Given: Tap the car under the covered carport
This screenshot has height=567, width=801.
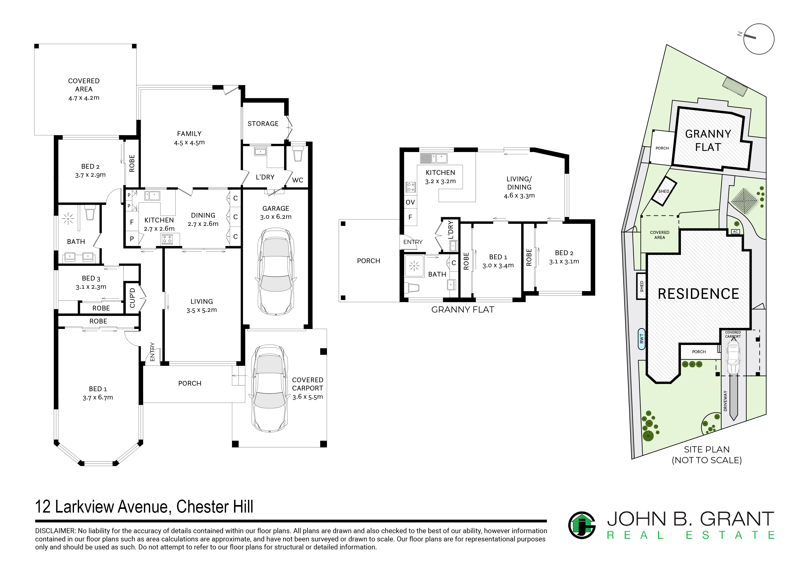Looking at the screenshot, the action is (270, 389).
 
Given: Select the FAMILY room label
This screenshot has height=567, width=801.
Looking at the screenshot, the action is (189, 134).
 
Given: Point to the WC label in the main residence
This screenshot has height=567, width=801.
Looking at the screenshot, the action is (298, 180).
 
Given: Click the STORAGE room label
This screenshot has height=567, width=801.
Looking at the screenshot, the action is (263, 124).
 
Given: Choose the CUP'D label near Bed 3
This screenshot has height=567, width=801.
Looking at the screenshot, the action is (132, 298).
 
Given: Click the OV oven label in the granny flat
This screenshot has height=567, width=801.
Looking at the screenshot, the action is (410, 202).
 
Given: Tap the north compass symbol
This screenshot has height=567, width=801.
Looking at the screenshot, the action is (759, 39).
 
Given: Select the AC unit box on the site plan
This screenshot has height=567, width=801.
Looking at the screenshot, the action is (735, 232).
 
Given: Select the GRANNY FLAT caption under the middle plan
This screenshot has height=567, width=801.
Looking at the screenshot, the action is (463, 310).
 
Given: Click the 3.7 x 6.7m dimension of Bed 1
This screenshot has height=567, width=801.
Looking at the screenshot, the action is (98, 398).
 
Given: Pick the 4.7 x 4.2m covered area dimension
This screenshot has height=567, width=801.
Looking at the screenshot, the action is (84, 98).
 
